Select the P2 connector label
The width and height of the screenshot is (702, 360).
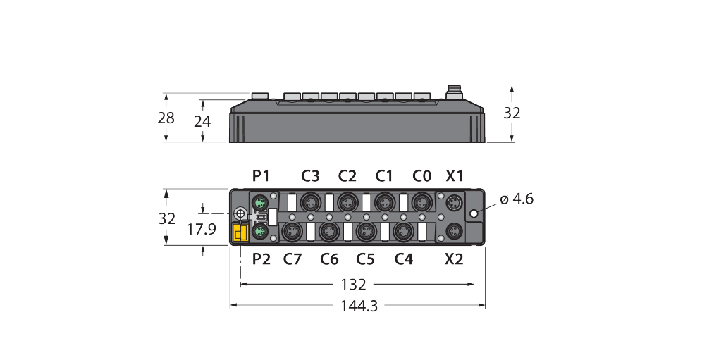tap(261, 259)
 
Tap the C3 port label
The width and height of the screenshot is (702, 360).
tap(310, 176)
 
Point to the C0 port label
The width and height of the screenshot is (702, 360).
tap(421, 176)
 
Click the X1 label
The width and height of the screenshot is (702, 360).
tap(455, 176)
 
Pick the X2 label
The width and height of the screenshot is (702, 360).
tap(455, 259)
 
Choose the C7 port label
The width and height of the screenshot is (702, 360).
tap(292, 259)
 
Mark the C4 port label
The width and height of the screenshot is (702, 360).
tap(403, 259)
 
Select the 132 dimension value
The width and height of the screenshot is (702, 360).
tap(353, 285)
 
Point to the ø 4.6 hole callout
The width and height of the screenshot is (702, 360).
tap(517, 199)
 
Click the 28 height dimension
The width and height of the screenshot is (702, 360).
tap(166, 118)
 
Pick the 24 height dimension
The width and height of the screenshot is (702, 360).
tap(202, 121)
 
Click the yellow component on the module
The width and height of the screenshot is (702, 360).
tap(239, 233)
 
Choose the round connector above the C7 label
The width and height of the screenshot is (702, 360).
tap(290, 230)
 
